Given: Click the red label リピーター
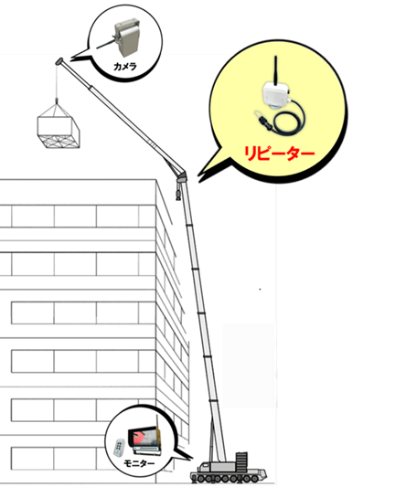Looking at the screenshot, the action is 279,153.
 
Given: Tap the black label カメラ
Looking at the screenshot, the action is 125,66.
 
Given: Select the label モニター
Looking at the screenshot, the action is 139,464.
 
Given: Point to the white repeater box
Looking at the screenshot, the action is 275,94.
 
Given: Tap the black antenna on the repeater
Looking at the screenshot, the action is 275,70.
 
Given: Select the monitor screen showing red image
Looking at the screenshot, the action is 144,439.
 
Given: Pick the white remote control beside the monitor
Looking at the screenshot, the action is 119,447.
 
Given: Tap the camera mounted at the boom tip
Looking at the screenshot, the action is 59,61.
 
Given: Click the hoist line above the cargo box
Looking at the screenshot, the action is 57,81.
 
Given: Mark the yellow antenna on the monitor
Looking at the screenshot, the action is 157,430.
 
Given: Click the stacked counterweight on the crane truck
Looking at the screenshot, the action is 241,462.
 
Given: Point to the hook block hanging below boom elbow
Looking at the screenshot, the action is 178,193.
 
